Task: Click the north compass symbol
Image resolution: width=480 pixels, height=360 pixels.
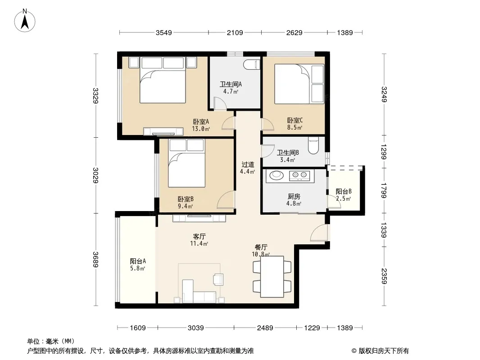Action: (25, 21)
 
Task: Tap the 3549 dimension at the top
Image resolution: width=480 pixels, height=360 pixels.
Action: (164, 32)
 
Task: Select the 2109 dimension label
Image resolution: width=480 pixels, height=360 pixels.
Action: (235, 32)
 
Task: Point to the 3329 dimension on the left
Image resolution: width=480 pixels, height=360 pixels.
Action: (95, 96)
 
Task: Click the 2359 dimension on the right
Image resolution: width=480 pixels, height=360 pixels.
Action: (384, 276)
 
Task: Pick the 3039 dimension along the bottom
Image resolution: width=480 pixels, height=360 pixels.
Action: (195, 328)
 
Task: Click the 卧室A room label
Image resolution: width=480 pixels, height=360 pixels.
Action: (201, 121)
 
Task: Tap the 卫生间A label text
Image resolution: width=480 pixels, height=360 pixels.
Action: (231, 84)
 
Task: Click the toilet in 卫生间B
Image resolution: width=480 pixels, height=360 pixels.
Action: (313, 145)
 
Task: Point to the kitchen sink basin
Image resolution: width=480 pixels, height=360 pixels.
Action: (276, 175)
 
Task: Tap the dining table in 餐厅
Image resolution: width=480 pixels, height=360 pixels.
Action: (272, 276)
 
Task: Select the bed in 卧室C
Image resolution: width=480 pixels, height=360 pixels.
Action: (299, 84)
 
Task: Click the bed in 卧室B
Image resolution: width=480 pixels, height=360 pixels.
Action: (186, 163)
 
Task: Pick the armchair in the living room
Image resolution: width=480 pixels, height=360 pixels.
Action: (218, 279)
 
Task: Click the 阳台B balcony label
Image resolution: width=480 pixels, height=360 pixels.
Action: (344, 191)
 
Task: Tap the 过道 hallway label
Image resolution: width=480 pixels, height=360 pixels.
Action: (248, 165)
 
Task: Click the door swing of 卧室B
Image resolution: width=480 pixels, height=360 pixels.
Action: (225, 200)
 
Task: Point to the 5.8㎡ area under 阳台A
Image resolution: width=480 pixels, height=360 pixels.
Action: (137, 268)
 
